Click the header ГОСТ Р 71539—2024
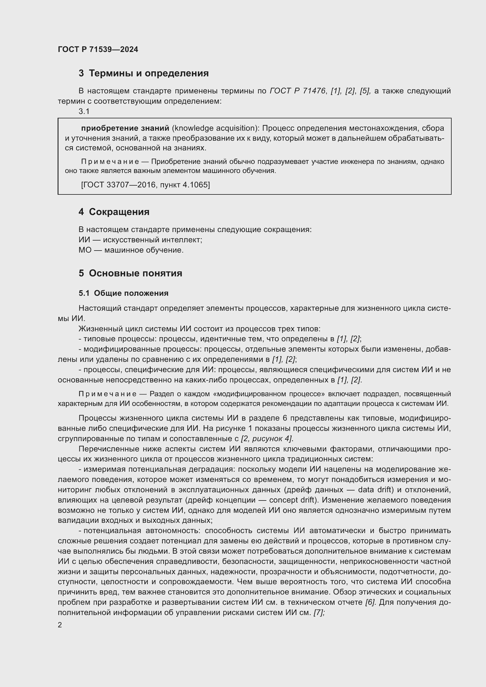click(98, 50)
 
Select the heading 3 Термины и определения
click(144, 73)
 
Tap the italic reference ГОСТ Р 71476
click(297, 91)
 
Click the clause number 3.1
click(84, 111)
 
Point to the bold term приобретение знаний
click(125, 128)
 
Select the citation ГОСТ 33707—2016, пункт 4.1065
click(145, 185)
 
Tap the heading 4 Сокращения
click(114, 212)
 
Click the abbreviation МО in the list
click(85, 250)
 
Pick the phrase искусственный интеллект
click(152, 240)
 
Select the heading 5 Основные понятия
click(130, 273)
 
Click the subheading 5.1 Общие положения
click(124, 293)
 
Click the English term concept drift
click(295, 500)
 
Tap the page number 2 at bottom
click(60, 625)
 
